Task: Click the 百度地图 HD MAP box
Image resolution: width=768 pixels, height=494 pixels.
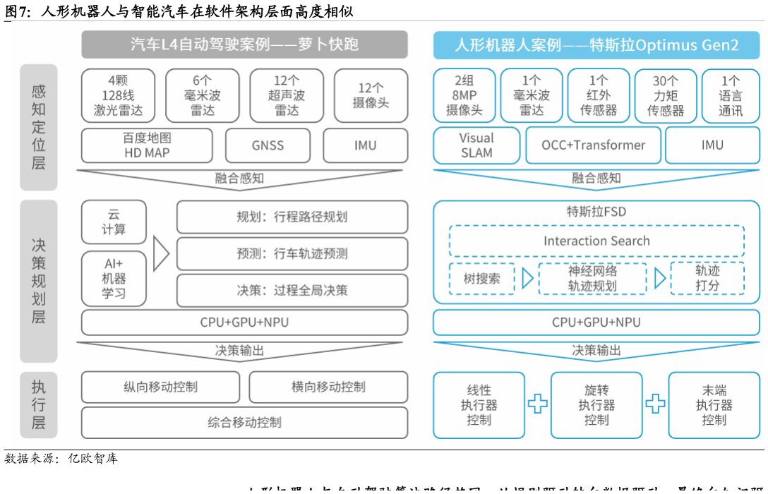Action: point(147,145)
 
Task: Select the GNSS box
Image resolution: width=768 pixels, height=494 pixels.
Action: point(268,145)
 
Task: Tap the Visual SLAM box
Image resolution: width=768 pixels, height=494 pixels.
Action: point(476,145)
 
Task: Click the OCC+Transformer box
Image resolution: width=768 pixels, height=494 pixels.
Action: point(593,145)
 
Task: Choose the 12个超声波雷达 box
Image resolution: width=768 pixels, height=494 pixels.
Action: point(287,95)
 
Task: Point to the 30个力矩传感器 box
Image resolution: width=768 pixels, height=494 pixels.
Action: point(665,95)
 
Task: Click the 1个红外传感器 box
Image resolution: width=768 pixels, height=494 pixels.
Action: point(598,95)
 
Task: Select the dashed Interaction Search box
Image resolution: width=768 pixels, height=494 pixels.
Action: point(596,241)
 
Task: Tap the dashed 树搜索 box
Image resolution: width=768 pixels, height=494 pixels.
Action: point(481,278)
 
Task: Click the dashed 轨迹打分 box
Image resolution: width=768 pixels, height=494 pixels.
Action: point(707,278)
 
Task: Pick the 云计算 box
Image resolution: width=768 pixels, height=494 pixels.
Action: point(114,222)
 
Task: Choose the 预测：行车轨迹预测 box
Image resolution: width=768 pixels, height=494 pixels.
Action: point(292,253)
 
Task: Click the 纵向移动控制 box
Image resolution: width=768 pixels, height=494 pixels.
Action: point(160,387)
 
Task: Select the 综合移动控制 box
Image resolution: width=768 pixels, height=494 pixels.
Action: point(244,422)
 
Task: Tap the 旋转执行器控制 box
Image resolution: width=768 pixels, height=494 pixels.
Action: point(596,405)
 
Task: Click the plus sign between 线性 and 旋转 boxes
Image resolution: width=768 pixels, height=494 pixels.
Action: point(538,404)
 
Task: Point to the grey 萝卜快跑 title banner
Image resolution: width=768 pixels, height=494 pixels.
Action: point(244,44)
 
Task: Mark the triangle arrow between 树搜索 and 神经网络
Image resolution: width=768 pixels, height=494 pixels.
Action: point(527,278)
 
